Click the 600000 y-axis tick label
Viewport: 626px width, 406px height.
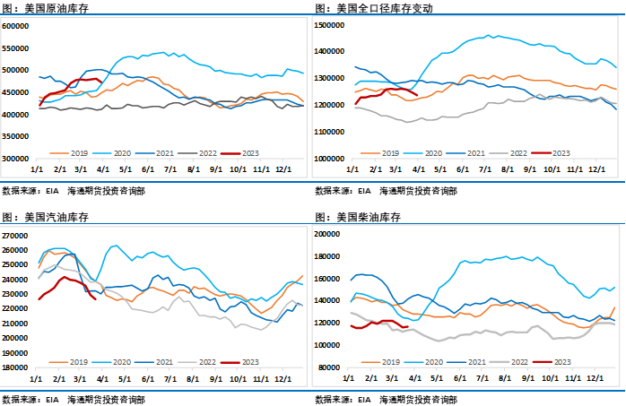click(15, 26)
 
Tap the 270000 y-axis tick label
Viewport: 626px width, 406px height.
click(15, 236)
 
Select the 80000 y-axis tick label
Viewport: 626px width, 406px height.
click(331, 367)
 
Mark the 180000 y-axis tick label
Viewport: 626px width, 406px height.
click(15, 367)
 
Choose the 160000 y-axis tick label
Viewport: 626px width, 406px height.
click(329, 278)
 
